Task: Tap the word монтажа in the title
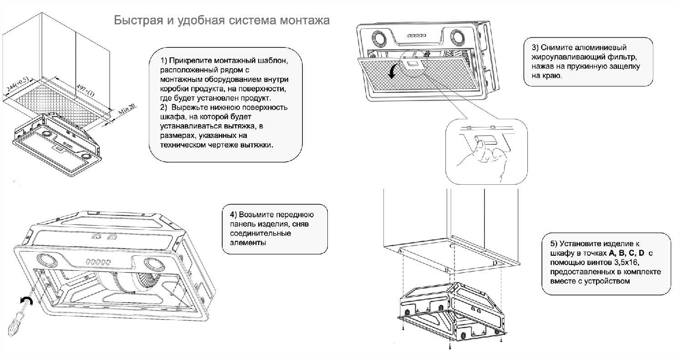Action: [x=305, y=20]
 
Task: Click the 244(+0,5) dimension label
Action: [x=17, y=84]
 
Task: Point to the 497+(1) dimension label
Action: [x=86, y=90]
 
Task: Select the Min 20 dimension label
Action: [x=127, y=109]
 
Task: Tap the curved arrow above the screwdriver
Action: [x=26, y=300]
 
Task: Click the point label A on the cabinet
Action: [x=400, y=251]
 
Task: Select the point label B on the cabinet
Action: [x=447, y=270]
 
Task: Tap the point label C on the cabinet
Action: [x=452, y=246]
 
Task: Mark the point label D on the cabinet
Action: [x=495, y=263]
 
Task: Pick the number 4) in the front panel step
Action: [x=233, y=215]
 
